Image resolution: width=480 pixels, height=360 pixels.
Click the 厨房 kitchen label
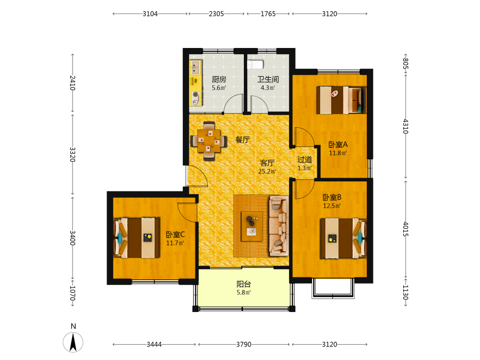pyautogui.click(x=219, y=80)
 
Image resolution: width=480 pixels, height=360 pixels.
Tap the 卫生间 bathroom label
pyautogui.click(x=268, y=80)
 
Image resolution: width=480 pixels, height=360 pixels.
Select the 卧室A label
pyautogui.click(x=338, y=144)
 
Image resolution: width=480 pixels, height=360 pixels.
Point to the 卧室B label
pyautogui.click(x=332, y=197)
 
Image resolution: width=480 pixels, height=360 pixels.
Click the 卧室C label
pyautogui.click(x=175, y=235)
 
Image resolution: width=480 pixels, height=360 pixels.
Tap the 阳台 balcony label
pyautogui.click(x=244, y=284)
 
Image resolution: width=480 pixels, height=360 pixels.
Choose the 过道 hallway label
pyautogui.click(x=305, y=159)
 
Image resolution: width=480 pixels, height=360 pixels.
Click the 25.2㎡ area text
pyautogui.click(x=267, y=171)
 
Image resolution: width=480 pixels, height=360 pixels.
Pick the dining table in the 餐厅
pyautogui.click(x=209, y=141)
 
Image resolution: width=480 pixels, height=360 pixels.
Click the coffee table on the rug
pyautogui.click(x=252, y=226)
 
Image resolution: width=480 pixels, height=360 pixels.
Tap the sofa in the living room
pyautogui.click(x=279, y=226)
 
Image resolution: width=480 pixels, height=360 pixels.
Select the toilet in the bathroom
pyautogui.click(x=255, y=65)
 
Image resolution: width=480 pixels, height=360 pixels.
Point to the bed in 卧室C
pyautogui.click(x=136, y=238)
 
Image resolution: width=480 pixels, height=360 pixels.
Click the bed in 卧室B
pyautogui.click(x=344, y=238)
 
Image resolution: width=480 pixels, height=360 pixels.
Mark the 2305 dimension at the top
pyautogui.click(x=216, y=14)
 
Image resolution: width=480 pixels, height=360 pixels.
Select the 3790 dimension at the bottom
pyautogui.click(x=244, y=344)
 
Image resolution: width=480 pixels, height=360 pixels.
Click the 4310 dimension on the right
pyautogui.click(x=405, y=126)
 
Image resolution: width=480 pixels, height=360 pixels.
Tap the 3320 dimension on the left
pyautogui.click(x=72, y=155)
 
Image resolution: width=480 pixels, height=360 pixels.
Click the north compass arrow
pyautogui.click(x=73, y=342)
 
